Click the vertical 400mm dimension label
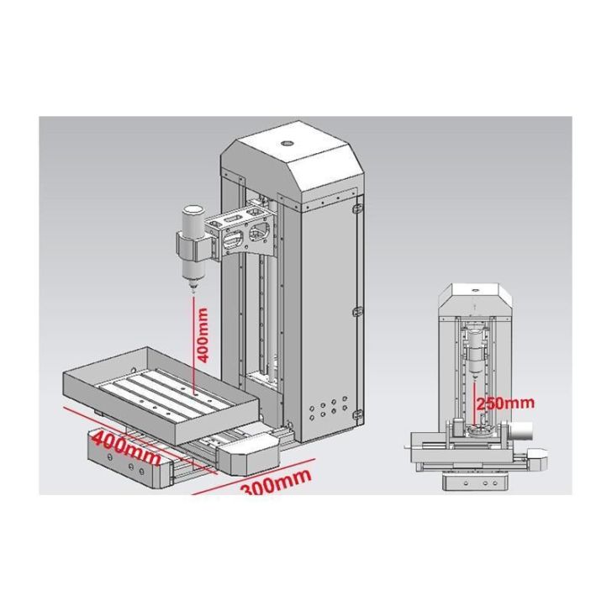[203, 335]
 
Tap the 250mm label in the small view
[505, 403]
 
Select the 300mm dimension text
[276, 483]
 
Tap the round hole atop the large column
[288, 143]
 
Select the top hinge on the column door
[356, 208]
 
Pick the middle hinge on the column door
[357, 312]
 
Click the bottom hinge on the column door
[357, 414]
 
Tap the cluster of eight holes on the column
[328, 409]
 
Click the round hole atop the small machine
[476, 290]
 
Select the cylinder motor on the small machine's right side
[520, 430]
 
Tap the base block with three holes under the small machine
[475, 483]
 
